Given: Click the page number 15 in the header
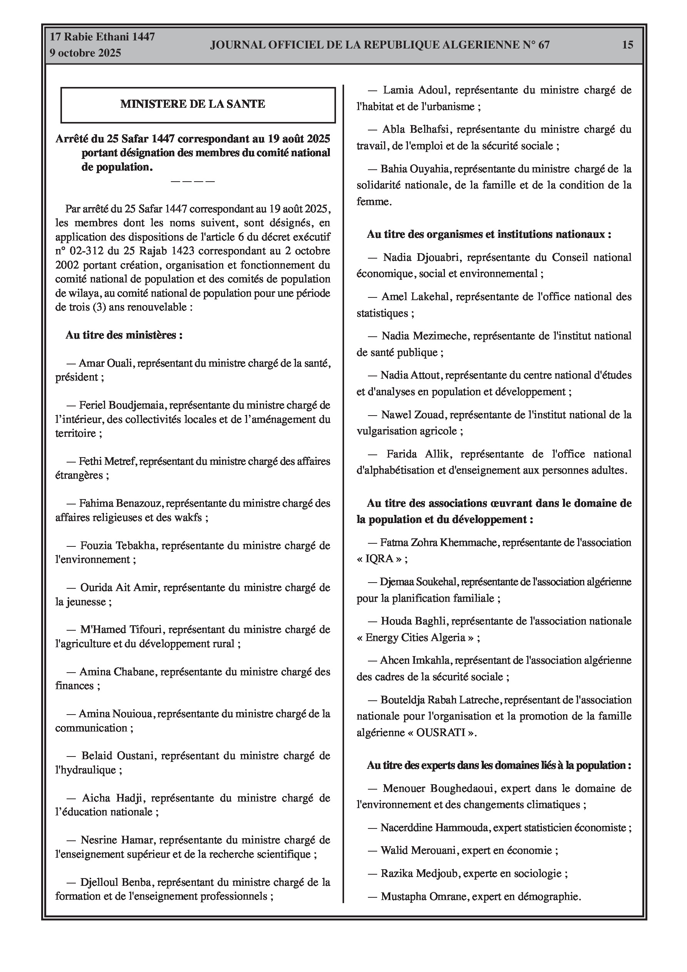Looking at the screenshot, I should tap(627, 45).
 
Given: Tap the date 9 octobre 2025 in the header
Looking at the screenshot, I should tap(85, 53).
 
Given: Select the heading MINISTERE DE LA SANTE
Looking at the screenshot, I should tap(193, 104).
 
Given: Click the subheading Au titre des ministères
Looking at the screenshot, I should tap(124, 335).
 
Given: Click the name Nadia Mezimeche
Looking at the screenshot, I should tap(425, 336).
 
